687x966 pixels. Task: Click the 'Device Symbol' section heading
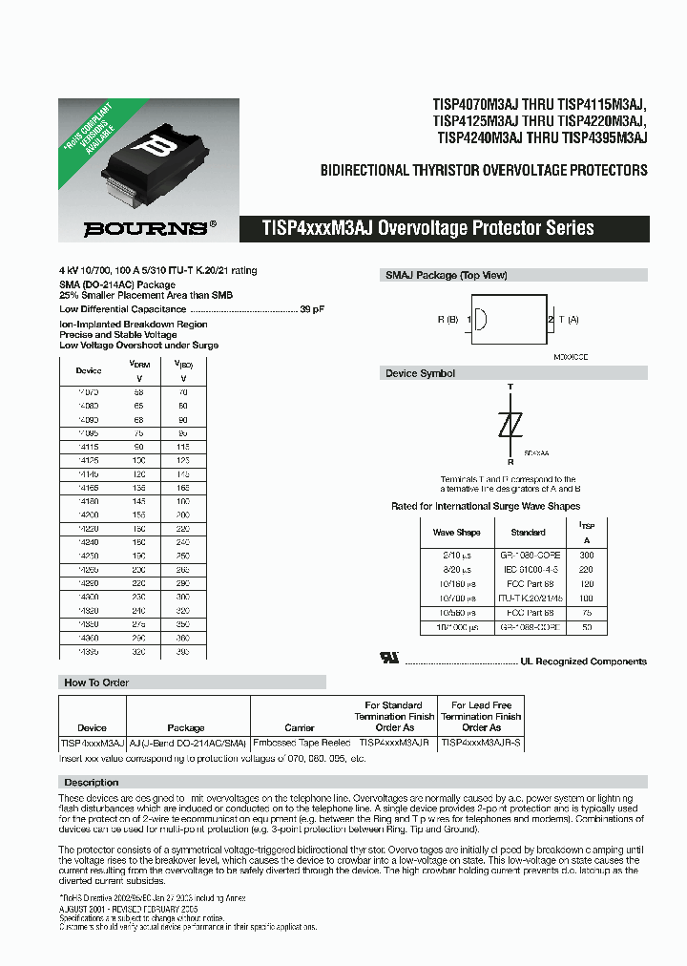point(420,373)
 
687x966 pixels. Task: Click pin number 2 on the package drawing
point(551,320)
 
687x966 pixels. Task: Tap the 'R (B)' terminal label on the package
point(448,320)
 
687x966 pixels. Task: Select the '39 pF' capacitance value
point(312,309)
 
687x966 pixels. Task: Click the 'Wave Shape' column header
point(456,533)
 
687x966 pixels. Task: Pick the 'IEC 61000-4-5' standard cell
point(528,567)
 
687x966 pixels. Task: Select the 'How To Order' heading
point(96,682)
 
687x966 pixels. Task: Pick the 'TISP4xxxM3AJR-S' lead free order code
point(482,741)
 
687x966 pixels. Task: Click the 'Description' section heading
point(92,782)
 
